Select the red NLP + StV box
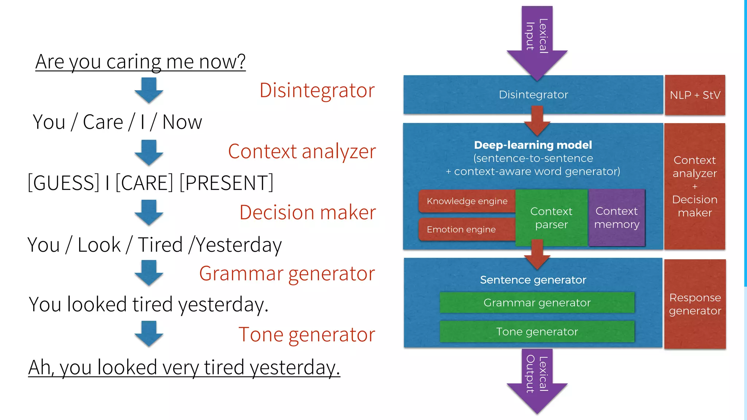click(695, 95)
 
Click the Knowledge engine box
click(467, 201)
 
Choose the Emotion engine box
click(461, 229)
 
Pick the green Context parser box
click(551, 218)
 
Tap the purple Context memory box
click(616, 218)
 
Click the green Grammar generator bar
click(537, 303)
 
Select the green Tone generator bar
click(537, 331)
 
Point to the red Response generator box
click(695, 304)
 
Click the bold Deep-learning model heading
click(533, 145)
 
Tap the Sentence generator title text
click(533, 280)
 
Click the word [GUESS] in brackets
click(64, 183)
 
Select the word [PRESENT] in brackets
click(226, 183)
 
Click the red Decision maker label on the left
click(307, 212)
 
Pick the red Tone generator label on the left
click(307, 334)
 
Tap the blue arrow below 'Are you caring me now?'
click(148, 90)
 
